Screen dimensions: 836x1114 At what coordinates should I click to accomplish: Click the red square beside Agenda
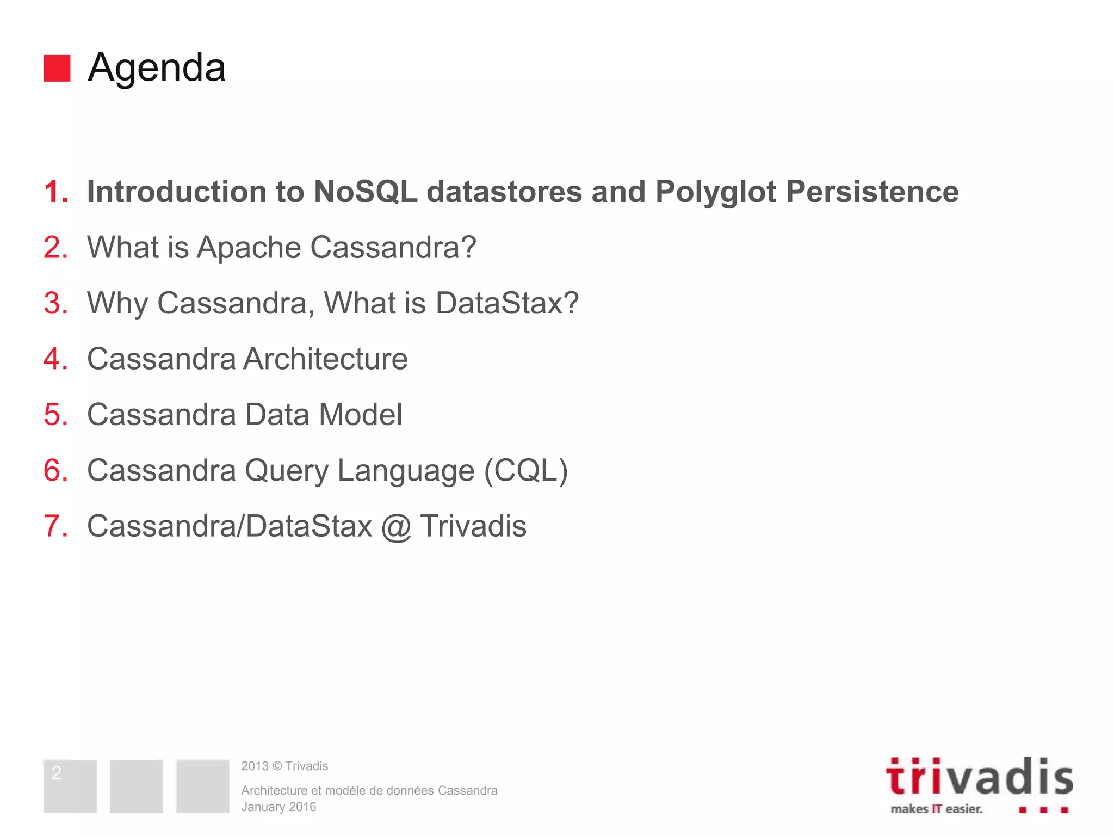(x=57, y=68)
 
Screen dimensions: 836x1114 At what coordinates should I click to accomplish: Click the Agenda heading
(x=157, y=67)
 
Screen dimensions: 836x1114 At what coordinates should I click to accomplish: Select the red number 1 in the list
(x=55, y=192)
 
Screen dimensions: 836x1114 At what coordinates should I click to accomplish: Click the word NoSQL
(x=366, y=192)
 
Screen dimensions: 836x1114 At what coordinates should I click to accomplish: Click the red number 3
(x=55, y=303)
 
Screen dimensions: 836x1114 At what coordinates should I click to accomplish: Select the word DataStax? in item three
(x=507, y=303)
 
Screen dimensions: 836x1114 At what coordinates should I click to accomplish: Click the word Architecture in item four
(x=325, y=359)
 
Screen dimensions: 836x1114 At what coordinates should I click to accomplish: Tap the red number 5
(x=55, y=415)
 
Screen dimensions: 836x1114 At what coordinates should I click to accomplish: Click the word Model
(x=361, y=415)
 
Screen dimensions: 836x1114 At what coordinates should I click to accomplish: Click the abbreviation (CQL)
(x=526, y=471)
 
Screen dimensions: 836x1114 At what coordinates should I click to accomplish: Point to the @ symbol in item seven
(x=396, y=527)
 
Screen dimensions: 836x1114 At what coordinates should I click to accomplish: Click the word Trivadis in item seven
(x=473, y=526)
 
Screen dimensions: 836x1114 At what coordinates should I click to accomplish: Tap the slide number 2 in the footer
(x=57, y=772)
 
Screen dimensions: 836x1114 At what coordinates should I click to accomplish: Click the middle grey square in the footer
(x=136, y=786)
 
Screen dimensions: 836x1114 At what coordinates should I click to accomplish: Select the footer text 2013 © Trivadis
(x=284, y=766)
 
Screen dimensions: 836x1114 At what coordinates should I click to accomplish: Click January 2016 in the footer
(x=278, y=807)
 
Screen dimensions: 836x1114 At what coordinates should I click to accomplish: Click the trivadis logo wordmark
(x=979, y=778)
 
